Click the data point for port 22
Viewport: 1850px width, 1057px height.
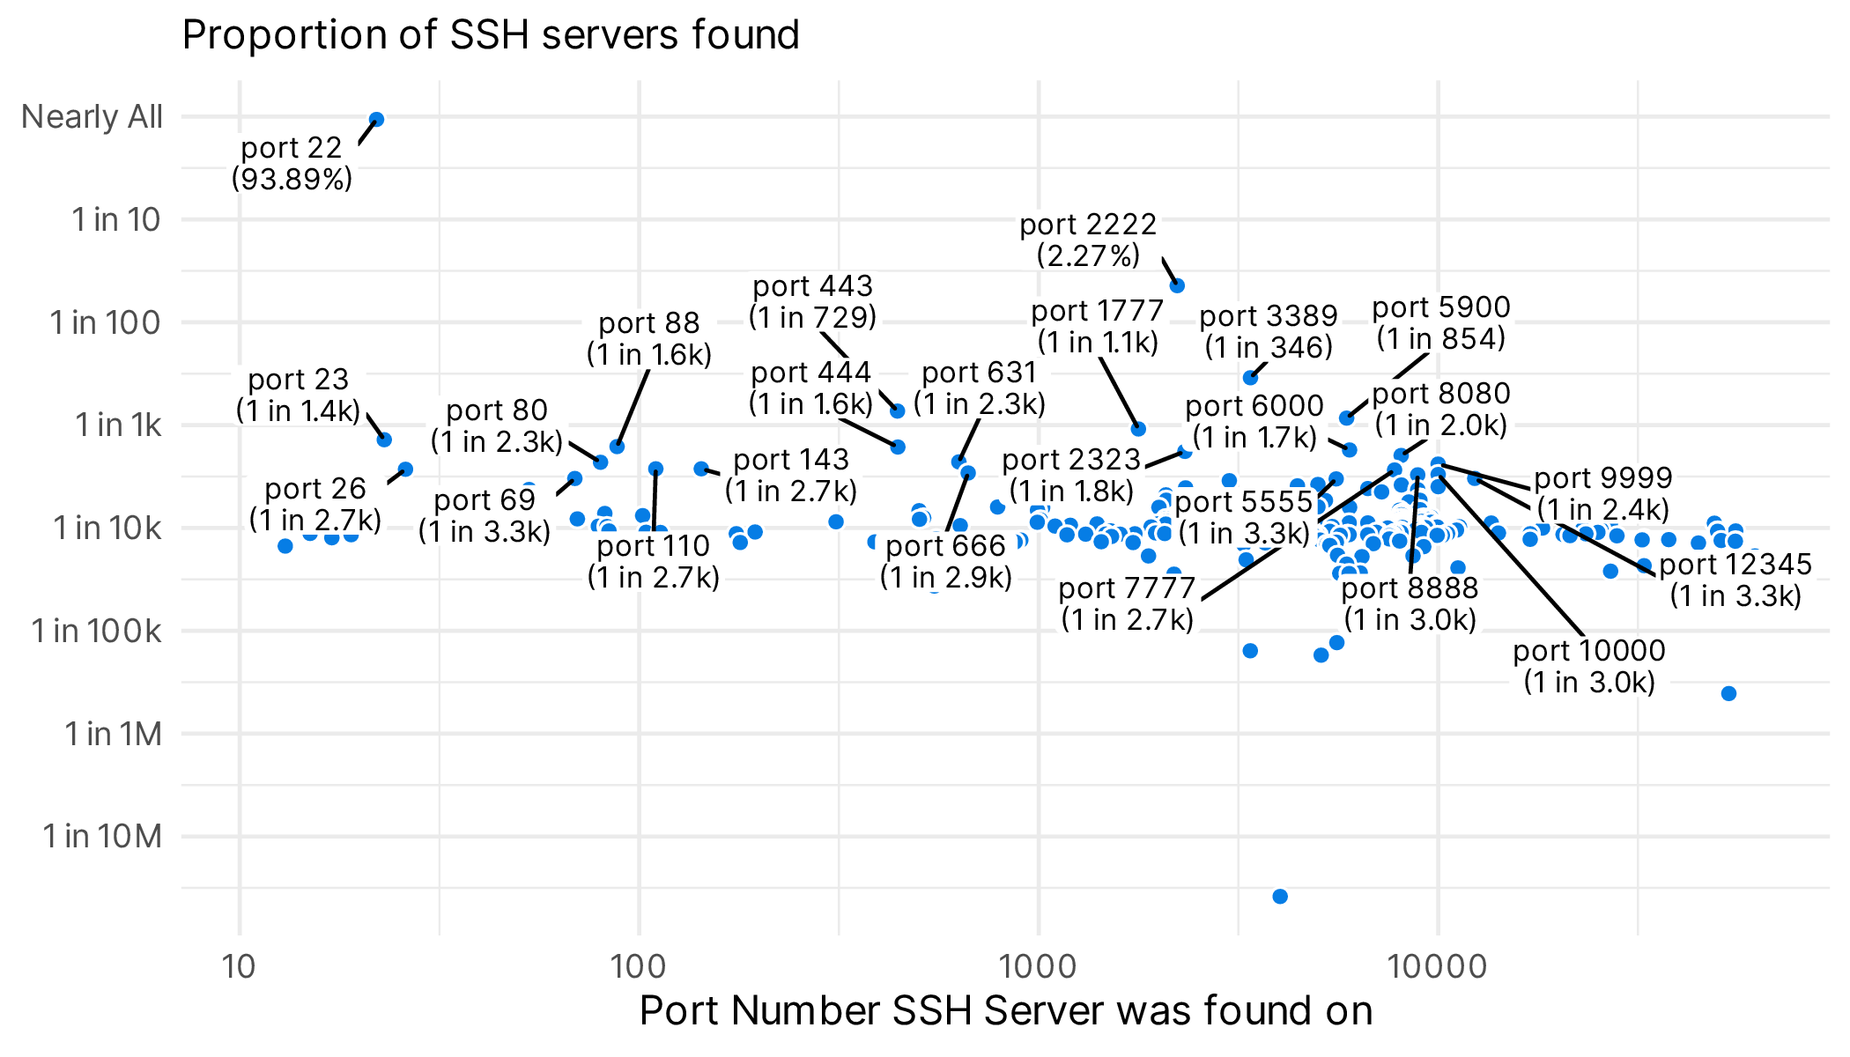(376, 120)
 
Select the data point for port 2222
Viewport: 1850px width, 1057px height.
(1177, 285)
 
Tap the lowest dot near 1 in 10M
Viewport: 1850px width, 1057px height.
(1280, 897)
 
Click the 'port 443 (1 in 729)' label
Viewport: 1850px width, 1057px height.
(812, 301)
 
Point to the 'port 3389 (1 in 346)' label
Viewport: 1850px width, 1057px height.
(1269, 331)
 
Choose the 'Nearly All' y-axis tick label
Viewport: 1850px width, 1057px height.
(92, 117)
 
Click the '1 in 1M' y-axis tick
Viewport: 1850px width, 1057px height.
(113, 734)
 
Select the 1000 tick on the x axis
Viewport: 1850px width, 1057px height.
(1039, 966)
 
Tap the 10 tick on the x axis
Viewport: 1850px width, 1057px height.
(239, 966)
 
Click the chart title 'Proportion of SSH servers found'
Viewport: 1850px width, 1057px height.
(490, 35)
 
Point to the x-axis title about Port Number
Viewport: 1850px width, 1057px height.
(1005, 1010)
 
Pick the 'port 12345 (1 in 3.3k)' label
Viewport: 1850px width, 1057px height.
(1735, 580)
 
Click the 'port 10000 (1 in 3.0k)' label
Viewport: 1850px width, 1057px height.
(1588, 666)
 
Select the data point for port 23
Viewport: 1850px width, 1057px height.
(384, 440)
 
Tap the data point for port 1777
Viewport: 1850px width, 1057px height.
(1138, 429)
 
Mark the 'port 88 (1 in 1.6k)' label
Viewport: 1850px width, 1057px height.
(648, 338)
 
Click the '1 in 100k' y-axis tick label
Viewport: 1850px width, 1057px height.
(97, 631)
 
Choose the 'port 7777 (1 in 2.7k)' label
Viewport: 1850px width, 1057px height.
(1127, 603)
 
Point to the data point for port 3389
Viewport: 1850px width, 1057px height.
(1250, 378)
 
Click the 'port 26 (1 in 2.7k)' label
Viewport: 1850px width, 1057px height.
(314, 504)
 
